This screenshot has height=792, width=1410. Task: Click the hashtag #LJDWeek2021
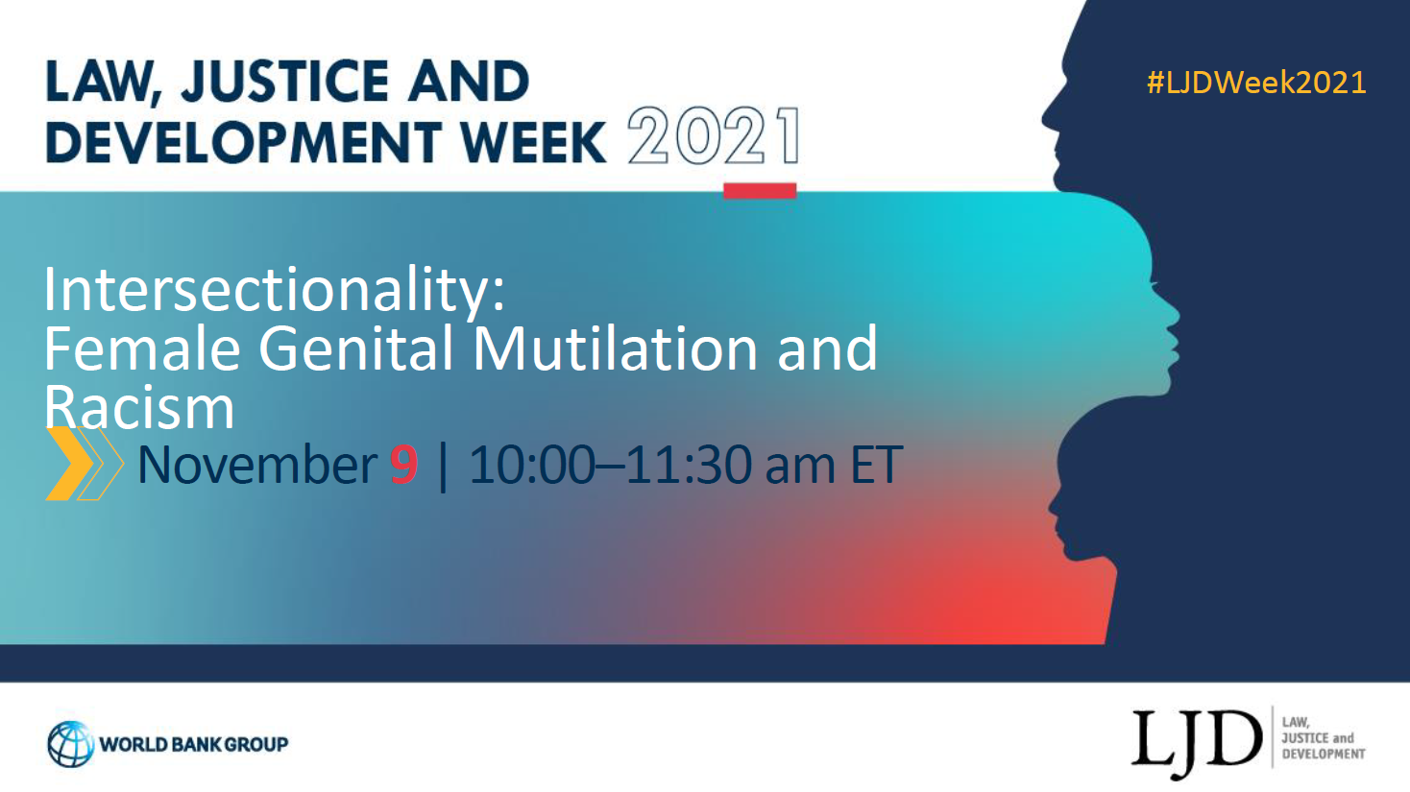pos(1256,83)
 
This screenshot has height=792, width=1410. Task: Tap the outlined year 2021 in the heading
pos(715,136)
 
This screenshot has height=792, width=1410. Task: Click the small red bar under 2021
pos(760,191)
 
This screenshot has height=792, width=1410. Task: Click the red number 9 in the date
pos(404,465)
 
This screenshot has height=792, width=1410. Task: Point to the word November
pos(257,465)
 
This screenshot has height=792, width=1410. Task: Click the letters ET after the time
pos(877,465)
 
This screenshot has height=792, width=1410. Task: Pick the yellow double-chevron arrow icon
pos(85,464)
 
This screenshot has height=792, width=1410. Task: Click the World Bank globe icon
pos(70,744)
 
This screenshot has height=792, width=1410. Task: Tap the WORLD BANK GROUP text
pos(194,745)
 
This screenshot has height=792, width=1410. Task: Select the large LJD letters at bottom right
pos(1197,742)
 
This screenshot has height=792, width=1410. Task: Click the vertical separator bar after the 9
pos(443,466)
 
